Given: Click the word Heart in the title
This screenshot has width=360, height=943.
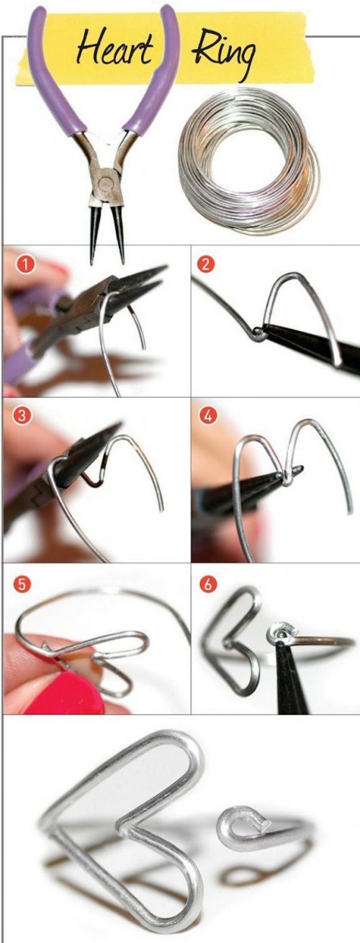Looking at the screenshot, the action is click(x=114, y=49).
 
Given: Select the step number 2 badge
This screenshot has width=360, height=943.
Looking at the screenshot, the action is click(x=206, y=264).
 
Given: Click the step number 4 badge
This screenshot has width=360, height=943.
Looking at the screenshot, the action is click(x=207, y=416).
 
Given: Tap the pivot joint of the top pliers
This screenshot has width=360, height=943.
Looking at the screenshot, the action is click(x=104, y=181).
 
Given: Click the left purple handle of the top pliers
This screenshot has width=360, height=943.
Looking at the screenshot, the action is click(x=57, y=76).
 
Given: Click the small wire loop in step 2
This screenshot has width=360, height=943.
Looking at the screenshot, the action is click(x=257, y=334).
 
